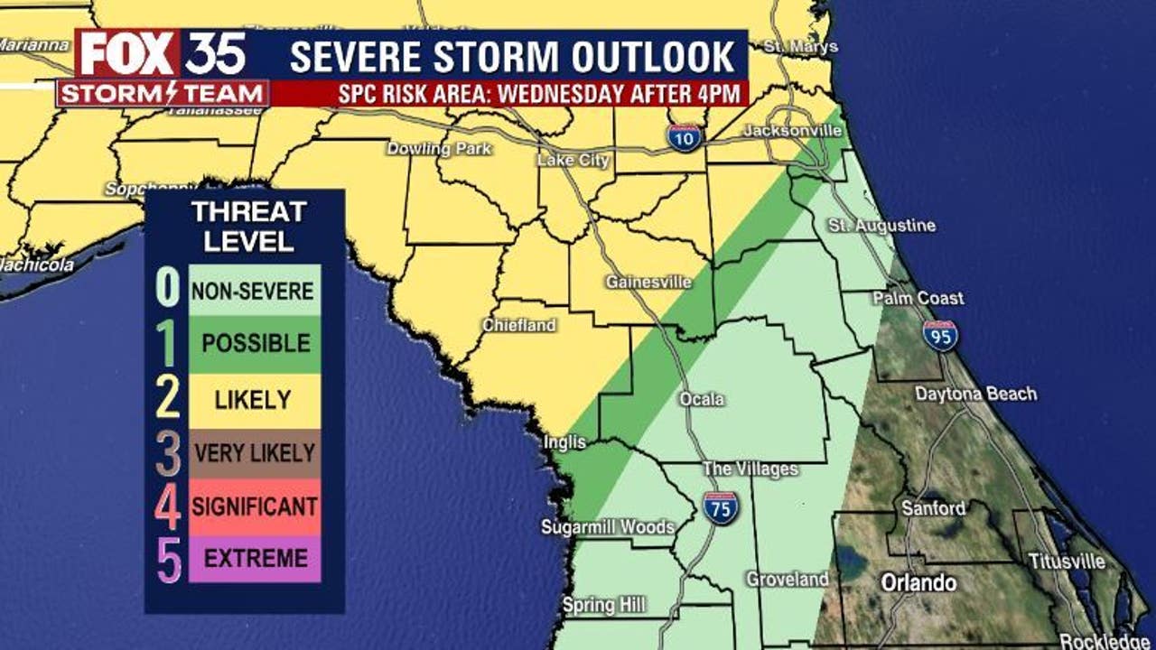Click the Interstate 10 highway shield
point(685,136)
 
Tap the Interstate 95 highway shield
point(940,335)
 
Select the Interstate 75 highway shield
point(721,507)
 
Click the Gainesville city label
point(648,283)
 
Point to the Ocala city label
point(702,399)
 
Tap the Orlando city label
point(918,582)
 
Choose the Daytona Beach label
point(975,394)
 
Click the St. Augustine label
point(882,226)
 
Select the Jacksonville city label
point(792,132)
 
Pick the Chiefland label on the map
point(519,325)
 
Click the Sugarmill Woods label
point(608,527)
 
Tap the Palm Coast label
point(918,298)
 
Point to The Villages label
point(750,469)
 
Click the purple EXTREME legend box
point(254,559)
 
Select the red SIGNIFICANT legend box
point(254,506)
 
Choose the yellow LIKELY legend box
point(254,400)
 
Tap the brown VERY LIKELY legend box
point(254,453)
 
